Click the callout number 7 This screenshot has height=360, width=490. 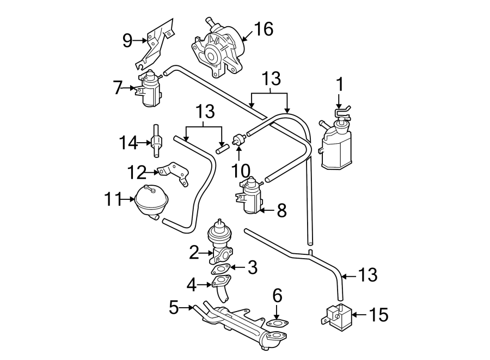118,88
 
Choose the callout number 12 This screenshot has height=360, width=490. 137,173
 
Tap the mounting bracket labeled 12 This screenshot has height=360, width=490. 175,173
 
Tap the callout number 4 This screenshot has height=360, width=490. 191,284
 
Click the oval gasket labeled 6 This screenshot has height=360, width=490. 277,324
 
